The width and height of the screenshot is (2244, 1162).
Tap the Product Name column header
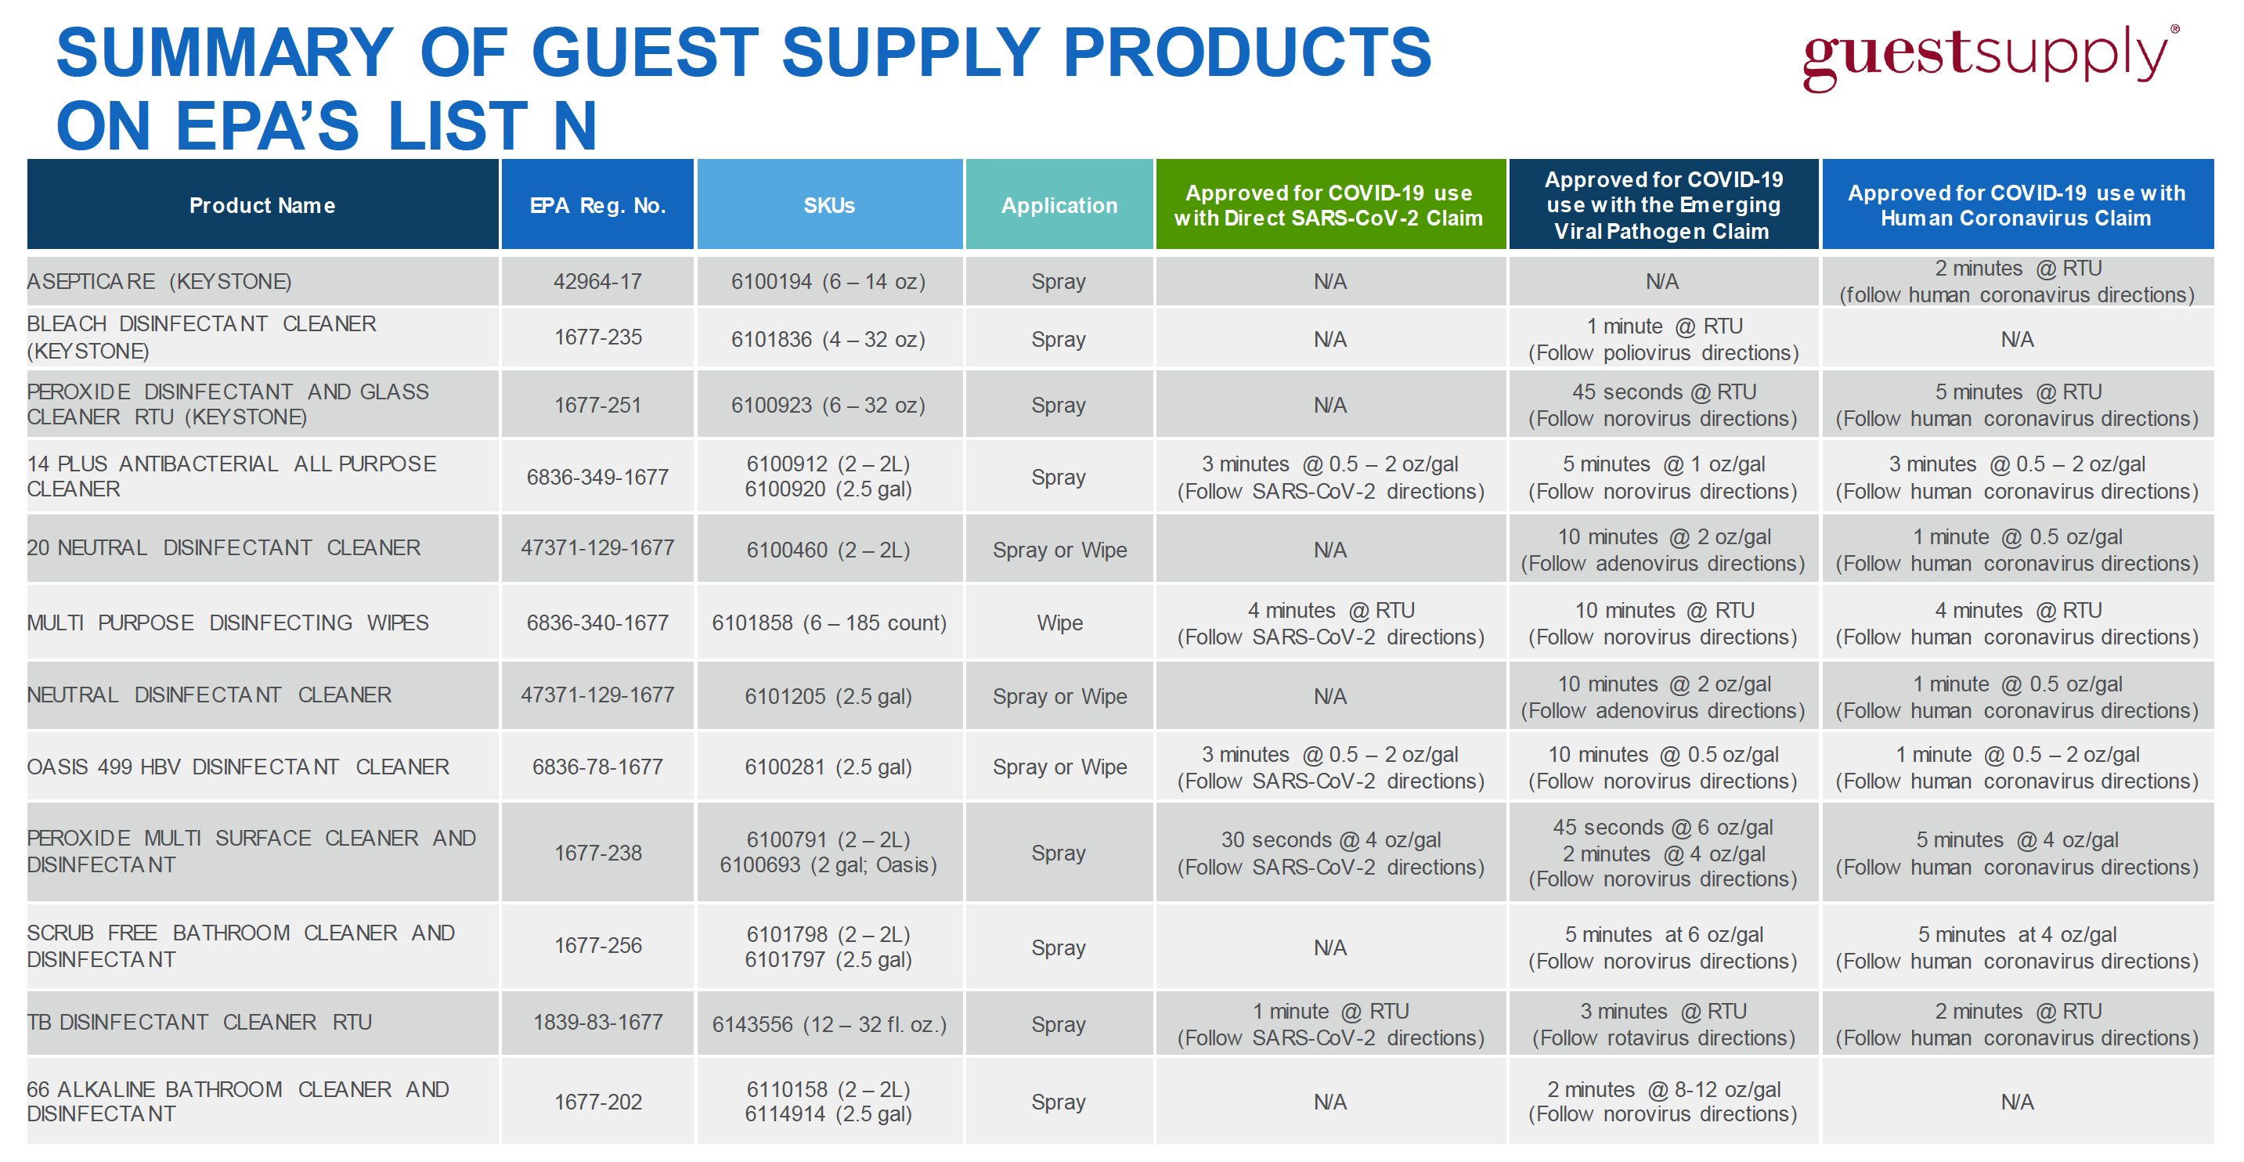pyautogui.click(x=262, y=206)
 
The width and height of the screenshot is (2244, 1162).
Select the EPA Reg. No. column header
pyautogui.click(x=597, y=206)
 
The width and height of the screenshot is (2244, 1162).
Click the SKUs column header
pyautogui.click(x=829, y=206)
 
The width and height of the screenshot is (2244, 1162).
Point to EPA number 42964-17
pyautogui.click(x=597, y=281)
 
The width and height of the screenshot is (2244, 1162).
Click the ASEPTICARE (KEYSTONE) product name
pyautogui.click(x=160, y=281)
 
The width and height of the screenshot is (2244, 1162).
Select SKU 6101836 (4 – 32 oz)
pyautogui.click(x=828, y=339)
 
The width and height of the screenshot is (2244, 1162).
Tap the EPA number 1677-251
pyautogui.click(x=597, y=405)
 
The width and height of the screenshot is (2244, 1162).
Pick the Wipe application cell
pyautogui.click(x=1059, y=622)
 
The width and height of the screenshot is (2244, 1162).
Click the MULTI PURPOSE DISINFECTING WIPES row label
pyautogui.click(x=228, y=622)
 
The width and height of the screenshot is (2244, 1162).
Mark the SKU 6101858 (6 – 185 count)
pyautogui.click(x=828, y=622)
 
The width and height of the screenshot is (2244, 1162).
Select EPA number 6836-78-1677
pyautogui.click(x=597, y=767)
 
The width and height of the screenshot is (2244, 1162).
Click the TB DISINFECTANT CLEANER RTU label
pyautogui.click(x=200, y=1022)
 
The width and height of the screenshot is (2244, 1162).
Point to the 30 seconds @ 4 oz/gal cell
pyautogui.click(x=1330, y=853)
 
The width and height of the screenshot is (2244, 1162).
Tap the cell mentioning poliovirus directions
pyautogui.click(x=1663, y=339)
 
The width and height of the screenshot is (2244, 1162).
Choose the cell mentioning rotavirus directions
pyautogui.click(x=1663, y=1024)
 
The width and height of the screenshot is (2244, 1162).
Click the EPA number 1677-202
pyautogui.click(x=597, y=1102)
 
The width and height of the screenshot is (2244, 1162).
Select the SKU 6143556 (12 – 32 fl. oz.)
pyautogui.click(x=828, y=1024)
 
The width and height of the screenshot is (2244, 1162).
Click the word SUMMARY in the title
pyautogui.click(x=225, y=52)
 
